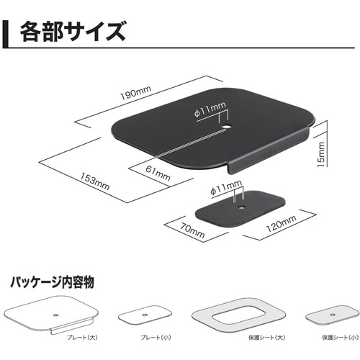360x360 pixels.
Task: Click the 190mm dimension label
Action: click(135, 92)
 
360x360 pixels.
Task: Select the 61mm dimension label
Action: click(158, 174)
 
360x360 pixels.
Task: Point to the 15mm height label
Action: click(321, 155)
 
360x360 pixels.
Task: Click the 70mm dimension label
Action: click(192, 230)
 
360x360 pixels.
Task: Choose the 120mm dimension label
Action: click(282, 223)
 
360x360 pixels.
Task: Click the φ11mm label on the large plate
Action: click(210, 109)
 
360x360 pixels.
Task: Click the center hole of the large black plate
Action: click(226, 126)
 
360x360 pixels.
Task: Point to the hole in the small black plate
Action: click(240, 207)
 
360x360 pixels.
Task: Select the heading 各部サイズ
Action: click(73, 32)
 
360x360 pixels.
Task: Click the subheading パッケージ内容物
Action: click(52, 282)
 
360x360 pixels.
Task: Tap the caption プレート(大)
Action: click(82, 338)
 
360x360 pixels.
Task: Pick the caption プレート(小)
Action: click(156, 338)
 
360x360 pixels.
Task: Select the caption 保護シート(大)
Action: click(266, 338)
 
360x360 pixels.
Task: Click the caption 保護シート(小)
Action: click(340, 338)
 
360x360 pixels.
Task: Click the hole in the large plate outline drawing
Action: click(55, 315)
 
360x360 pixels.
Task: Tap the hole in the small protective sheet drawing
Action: click(333, 315)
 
